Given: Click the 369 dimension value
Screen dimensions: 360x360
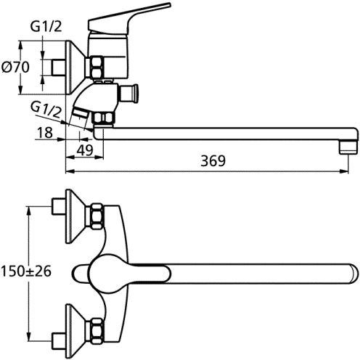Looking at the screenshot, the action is pyautogui.click(x=213, y=160).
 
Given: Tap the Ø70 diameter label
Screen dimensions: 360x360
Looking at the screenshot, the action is pyautogui.click(x=15, y=67).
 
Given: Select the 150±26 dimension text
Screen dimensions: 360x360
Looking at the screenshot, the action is pyautogui.click(x=26, y=271).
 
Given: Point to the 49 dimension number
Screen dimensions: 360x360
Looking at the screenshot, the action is pyautogui.click(x=85, y=150).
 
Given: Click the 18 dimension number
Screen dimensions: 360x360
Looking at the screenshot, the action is pyautogui.click(x=45, y=132).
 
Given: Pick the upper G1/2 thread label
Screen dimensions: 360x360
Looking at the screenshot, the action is pyautogui.click(x=46, y=27).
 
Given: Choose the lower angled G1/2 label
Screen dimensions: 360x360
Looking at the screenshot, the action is pyautogui.click(x=46, y=110).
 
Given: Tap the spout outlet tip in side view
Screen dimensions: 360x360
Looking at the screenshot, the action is pyautogui.click(x=348, y=148).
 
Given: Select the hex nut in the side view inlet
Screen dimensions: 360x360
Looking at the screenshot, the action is pyautogui.click(x=97, y=67).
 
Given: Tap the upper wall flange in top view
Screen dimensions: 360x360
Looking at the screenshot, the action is pyautogui.click(x=75, y=216).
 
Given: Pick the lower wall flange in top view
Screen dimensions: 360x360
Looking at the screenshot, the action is pyautogui.click(x=75, y=332).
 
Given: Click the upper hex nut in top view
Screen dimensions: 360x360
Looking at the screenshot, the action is pyautogui.click(x=97, y=216).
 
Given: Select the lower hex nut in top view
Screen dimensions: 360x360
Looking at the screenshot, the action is pyautogui.click(x=97, y=332).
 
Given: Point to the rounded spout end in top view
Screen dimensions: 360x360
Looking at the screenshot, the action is pyautogui.click(x=353, y=273).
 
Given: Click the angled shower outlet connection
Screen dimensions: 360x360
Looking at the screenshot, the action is pyautogui.click(x=81, y=114).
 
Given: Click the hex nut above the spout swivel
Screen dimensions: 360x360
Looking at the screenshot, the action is pyautogui.click(x=104, y=118).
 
